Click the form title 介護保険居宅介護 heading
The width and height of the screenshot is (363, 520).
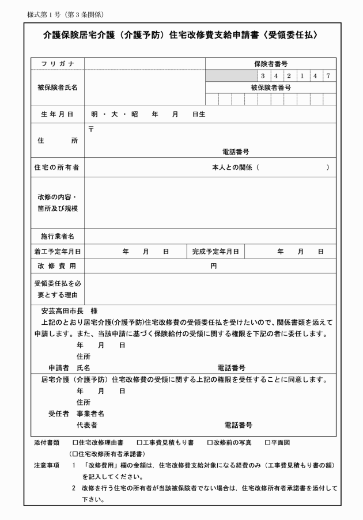(181, 36)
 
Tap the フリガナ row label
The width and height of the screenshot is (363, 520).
(55, 63)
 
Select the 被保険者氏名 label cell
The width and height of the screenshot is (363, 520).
(55, 88)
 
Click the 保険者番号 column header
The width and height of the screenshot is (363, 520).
(270, 63)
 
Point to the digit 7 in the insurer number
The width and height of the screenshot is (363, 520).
(327, 75)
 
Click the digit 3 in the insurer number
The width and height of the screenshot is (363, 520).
(263, 75)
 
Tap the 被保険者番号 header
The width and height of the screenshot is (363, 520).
(270, 88)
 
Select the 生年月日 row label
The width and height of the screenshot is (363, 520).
(55, 114)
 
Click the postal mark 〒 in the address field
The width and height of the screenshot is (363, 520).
(90, 129)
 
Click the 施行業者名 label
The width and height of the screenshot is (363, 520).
(55, 236)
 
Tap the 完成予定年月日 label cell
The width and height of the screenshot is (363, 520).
(216, 252)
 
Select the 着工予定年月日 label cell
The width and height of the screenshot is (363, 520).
(55, 252)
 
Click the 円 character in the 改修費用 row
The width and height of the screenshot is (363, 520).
(213, 267)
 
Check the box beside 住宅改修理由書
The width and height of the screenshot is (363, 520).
(75, 443)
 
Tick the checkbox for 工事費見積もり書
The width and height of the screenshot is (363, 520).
(139, 443)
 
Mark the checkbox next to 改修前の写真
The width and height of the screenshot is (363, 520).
(210, 443)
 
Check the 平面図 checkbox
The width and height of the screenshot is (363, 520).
(267, 443)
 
